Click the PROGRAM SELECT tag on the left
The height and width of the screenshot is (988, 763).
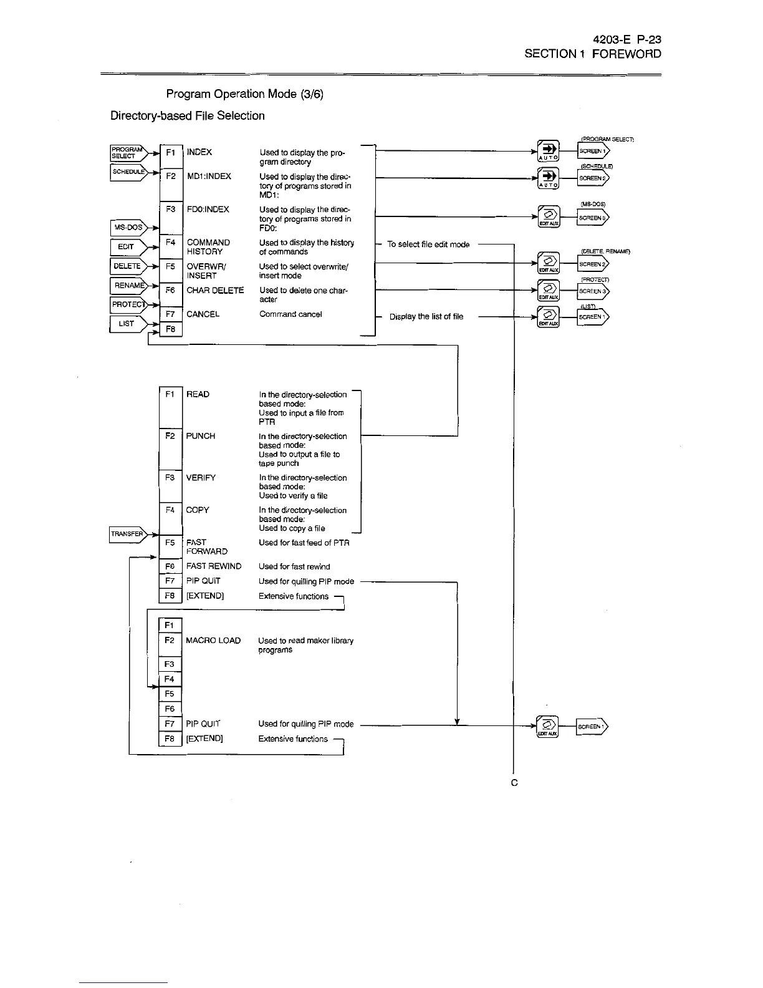click(x=126, y=152)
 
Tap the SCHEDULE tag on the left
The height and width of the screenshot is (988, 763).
click(x=128, y=172)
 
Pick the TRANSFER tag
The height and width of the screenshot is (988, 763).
click(x=127, y=534)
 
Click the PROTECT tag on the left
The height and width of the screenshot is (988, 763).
click(x=128, y=304)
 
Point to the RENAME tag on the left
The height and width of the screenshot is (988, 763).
click(x=128, y=286)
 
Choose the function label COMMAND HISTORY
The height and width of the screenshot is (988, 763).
click(x=208, y=247)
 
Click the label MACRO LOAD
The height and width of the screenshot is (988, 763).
click(x=213, y=641)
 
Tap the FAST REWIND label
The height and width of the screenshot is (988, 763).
click(x=214, y=566)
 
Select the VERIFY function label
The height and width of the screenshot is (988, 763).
click(x=201, y=478)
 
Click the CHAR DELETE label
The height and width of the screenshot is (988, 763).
click(x=215, y=291)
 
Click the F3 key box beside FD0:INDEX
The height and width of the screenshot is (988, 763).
click(x=171, y=210)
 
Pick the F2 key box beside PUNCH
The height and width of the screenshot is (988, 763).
click(x=170, y=437)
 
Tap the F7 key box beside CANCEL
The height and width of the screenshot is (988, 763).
click(x=171, y=314)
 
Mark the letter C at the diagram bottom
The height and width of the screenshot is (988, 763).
click(x=514, y=783)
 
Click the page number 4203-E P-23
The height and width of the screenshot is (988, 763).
click(x=626, y=39)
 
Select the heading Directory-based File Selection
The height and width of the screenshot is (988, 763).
click(x=188, y=116)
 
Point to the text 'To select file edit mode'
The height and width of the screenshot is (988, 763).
click(x=428, y=245)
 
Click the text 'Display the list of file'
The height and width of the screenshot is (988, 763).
click(x=426, y=317)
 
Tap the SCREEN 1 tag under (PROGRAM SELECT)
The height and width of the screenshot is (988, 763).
click(x=593, y=151)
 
